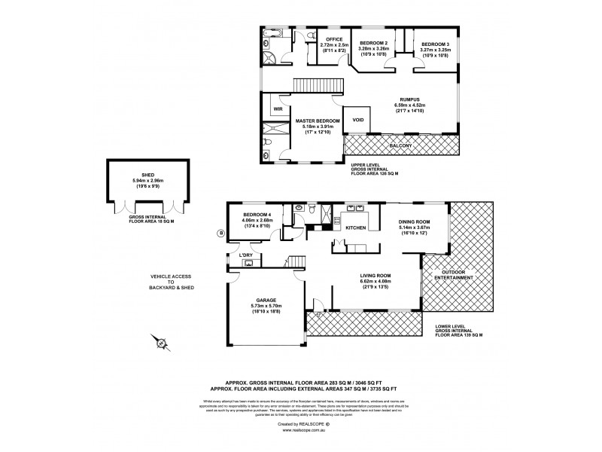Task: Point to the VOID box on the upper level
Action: pos(357,119)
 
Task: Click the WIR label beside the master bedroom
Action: pos(278,108)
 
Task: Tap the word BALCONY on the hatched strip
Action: pos(400,145)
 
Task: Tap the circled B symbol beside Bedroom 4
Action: pos(220,232)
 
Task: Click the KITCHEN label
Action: pos(355,227)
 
